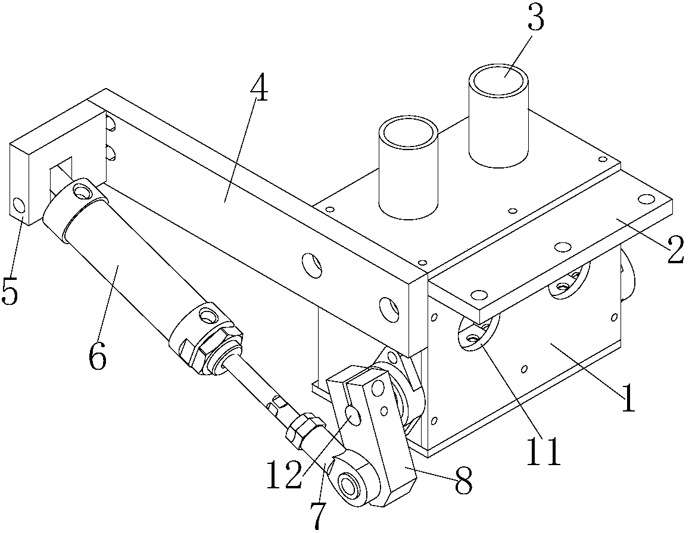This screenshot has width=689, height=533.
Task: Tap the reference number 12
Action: (x=285, y=475)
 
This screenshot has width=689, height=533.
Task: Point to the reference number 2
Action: (x=676, y=249)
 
